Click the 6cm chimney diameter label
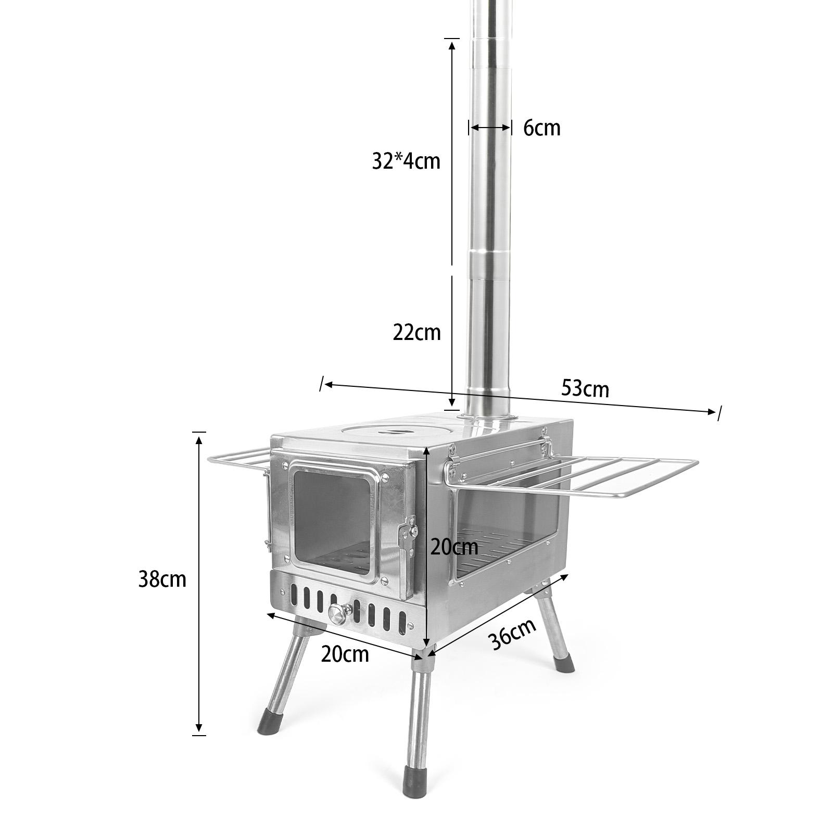pos(541,128)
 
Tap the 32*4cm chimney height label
pos(406,161)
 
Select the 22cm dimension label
pos(416,332)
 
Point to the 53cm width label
pos(585,388)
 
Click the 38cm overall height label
pos(162,579)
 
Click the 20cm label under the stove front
pos(345,654)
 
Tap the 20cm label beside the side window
pos(454,547)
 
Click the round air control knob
pos(339,613)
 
